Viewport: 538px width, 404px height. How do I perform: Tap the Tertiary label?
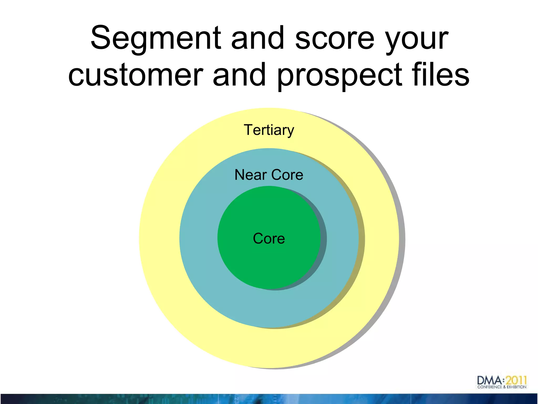pyautogui.click(x=269, y=130)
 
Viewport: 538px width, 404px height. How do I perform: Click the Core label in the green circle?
pyautogui.click(x=269, y=239)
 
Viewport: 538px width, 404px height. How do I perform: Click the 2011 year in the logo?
pyautogui.click(x=516, y=380)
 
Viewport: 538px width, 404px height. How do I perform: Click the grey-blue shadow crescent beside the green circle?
pyautogui.click(x=323, y=239)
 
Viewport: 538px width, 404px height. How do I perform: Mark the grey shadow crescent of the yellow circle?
pyautogui.click(x=402, y=239)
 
